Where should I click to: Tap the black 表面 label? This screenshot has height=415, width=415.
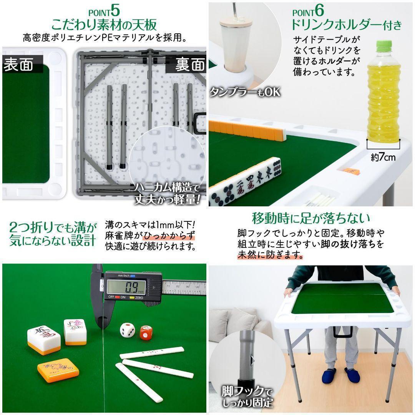18,65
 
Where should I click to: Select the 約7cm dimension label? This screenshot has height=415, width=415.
383,157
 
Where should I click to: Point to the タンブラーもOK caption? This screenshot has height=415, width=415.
245,92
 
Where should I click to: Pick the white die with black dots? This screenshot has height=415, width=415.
128,330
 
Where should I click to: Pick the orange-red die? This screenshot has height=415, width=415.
146,333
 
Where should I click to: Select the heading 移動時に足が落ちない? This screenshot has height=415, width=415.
311,219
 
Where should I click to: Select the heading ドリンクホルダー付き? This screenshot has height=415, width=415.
346,25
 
